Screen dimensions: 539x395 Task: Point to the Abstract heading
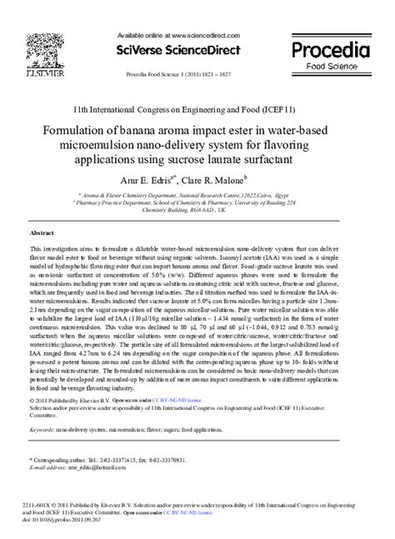click(42, 232)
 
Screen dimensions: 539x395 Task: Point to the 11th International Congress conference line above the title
click(197, 109)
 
